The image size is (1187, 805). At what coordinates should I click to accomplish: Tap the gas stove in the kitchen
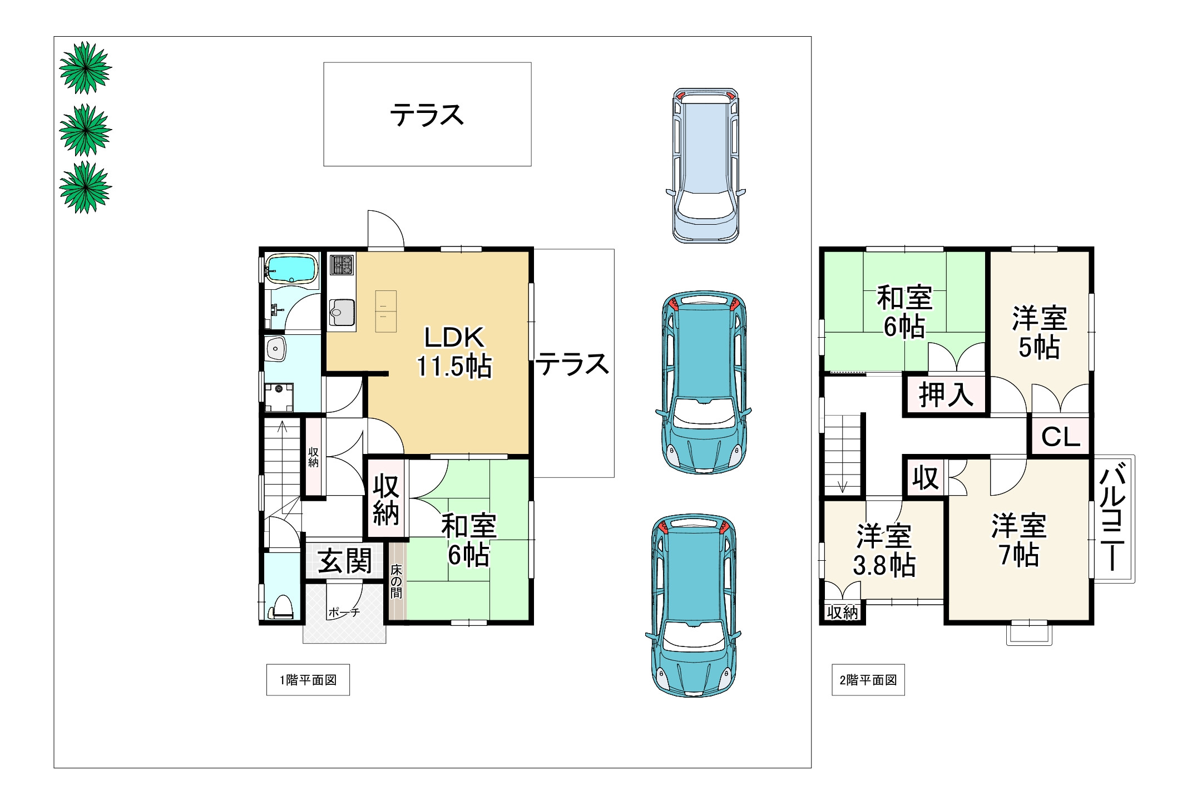[342, 265]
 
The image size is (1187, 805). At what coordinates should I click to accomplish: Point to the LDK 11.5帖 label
[454, 352]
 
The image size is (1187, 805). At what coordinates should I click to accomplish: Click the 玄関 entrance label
[345, 561]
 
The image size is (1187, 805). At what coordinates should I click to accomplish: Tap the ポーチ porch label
[344, 613]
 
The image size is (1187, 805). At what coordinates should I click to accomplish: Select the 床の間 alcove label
[396, 581]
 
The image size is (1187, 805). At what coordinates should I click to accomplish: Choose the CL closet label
[1060, 437]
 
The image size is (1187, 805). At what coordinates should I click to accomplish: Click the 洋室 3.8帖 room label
[884, 551]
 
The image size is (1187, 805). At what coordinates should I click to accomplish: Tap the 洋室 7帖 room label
[1019, 540]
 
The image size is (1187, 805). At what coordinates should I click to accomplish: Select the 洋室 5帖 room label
[1039, 333]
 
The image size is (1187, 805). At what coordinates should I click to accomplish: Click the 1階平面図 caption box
[308, 680]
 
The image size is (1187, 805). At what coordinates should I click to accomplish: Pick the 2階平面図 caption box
[868, 680]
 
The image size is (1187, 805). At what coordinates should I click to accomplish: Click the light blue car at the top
[705, 165]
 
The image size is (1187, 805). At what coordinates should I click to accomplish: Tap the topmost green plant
[86, 68]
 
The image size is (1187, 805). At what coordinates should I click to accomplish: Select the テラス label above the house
[427, 115]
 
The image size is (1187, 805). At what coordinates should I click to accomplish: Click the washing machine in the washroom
[279, 397]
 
